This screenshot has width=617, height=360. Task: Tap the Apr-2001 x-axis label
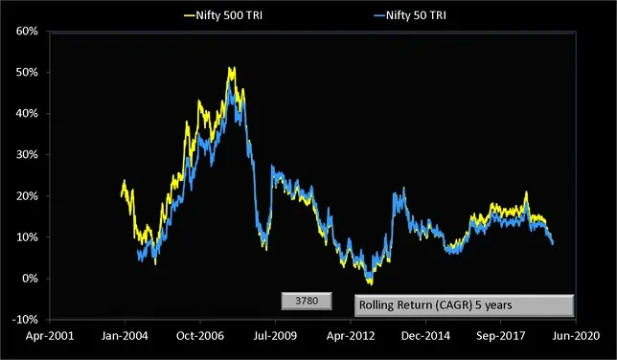(x=49, y=337)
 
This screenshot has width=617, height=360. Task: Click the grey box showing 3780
(x=306, y=301)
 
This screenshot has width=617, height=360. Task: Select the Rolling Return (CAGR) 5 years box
(x=464, y=305)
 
